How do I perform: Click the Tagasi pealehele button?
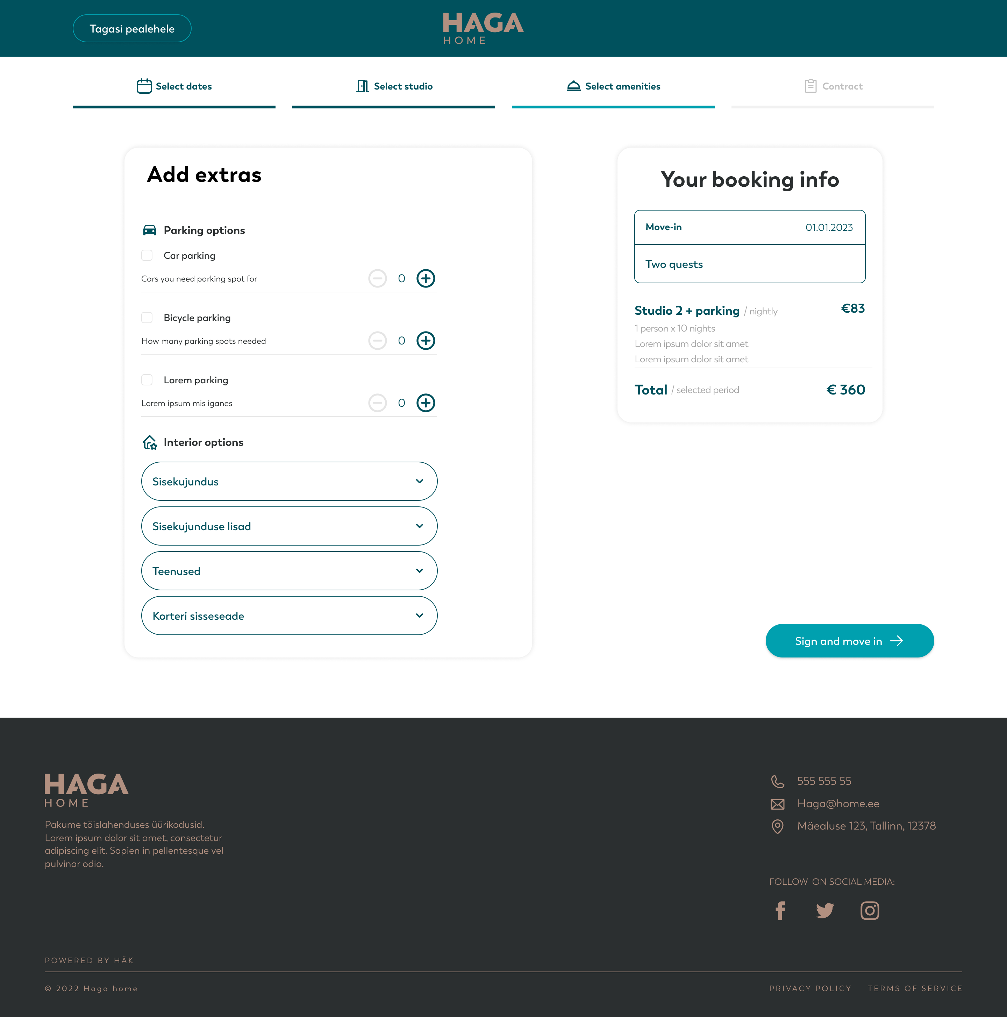131,28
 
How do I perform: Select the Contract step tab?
833,86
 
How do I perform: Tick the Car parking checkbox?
147,255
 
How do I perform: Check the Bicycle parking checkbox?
147,318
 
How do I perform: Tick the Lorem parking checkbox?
147,379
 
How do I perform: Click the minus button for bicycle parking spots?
377,341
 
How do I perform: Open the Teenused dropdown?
289,571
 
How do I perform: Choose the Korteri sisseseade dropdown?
289,616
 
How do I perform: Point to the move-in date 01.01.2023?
829,227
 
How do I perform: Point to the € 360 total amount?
845,390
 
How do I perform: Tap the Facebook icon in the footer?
780,911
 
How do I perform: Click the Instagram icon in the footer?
870,911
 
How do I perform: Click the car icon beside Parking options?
150,230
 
